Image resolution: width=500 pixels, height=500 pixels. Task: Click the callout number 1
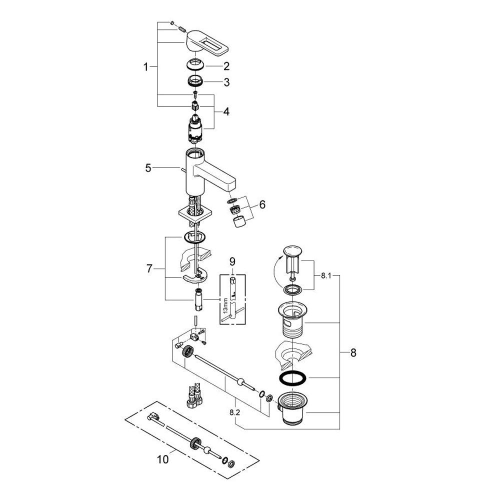click(146, 66)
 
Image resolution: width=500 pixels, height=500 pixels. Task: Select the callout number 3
click(226, 83)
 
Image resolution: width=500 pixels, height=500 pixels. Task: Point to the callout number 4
click(226, 111)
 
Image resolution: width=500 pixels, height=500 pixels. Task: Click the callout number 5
click(148, 168)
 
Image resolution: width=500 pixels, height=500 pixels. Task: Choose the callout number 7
click(149, 269)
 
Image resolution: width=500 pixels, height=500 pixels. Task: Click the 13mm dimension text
click(225, 303)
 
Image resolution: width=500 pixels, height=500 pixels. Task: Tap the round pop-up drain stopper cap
click(292, 250)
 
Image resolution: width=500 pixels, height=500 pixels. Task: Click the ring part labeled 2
click(196, 65)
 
